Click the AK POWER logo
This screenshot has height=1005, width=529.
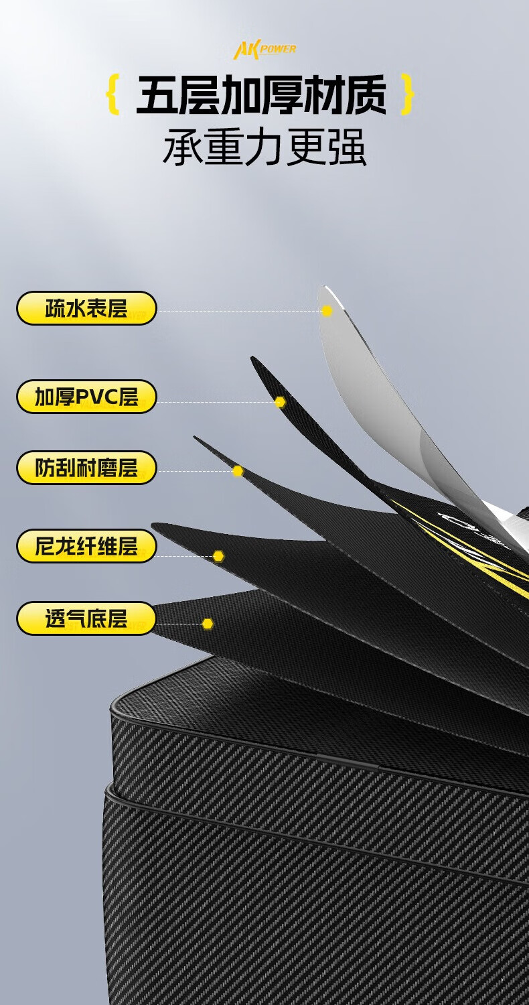[264, 50]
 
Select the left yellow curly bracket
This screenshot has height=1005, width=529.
[113, 95]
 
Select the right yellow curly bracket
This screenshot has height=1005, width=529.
[407, 95]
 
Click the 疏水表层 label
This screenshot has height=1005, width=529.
[86, 308]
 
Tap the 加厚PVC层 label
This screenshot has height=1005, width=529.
[86, 397]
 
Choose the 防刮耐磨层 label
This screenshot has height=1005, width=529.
[86, 468]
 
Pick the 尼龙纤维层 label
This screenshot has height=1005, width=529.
[86, 546]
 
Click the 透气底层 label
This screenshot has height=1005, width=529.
[86, 618]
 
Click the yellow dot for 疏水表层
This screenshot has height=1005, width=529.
[327, 311]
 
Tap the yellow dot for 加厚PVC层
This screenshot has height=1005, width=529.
[280, 402]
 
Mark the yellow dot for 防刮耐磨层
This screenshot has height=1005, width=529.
[238, 471]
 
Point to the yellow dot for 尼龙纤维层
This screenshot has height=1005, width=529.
[218, 556]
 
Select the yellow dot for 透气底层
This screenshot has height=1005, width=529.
[208, 624]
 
